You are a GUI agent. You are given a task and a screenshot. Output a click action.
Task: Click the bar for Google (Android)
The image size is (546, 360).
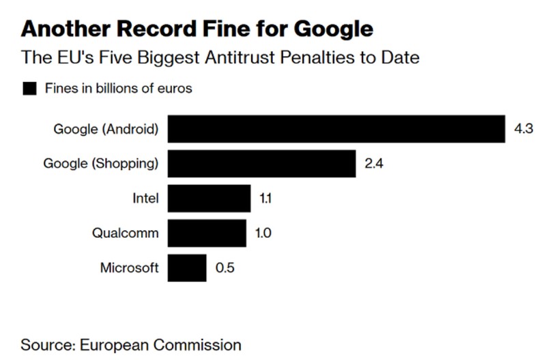336,129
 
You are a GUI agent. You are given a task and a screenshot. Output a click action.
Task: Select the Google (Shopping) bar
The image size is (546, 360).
261,164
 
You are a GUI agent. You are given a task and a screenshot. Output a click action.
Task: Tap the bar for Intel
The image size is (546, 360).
209,199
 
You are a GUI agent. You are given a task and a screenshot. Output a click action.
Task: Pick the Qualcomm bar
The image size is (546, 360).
206,233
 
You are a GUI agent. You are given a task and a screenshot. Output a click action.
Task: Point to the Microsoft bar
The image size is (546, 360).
186,268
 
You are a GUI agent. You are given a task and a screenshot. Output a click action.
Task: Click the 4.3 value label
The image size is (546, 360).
523,129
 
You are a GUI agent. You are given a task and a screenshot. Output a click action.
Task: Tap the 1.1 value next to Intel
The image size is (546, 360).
266,199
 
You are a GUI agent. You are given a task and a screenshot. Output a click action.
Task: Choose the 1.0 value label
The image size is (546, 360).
263,233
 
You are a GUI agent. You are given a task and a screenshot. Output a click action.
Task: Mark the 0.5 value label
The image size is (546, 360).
225,268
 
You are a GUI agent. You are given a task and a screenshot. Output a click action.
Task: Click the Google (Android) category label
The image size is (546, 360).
106,129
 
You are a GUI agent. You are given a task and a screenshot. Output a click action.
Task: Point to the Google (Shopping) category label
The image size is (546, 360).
101,164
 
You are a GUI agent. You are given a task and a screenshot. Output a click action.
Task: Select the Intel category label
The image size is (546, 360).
145,199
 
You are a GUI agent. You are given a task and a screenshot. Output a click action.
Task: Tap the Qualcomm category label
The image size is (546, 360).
126,233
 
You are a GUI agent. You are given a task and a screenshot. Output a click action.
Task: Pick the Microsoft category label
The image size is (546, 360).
130,268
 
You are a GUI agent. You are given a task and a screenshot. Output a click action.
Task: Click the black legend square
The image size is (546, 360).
29,88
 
